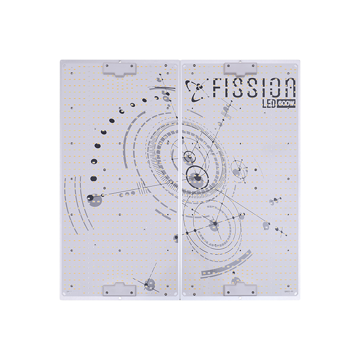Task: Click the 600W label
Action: tap(286, 104)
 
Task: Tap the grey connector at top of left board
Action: tap(120, 68)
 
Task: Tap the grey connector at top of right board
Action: tap(240, 68)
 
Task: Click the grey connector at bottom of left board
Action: tap(120, 289)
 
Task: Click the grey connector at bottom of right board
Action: tap(240, 289)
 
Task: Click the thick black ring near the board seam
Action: tap(196, 174)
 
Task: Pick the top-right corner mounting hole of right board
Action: tap(296, 66)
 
